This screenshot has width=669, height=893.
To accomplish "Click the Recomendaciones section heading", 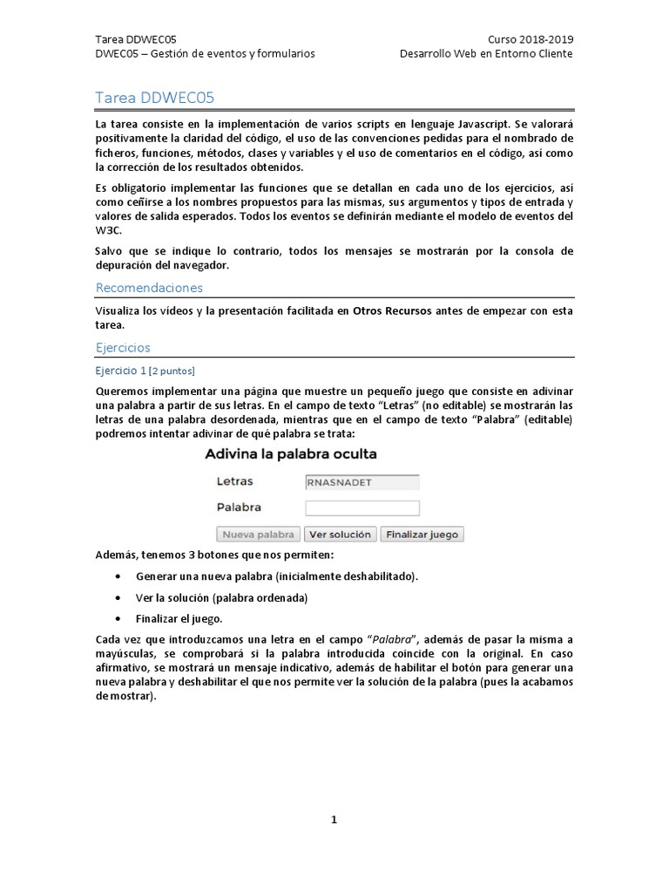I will click(149, 287).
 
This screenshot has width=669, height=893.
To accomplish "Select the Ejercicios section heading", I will click(123, 347).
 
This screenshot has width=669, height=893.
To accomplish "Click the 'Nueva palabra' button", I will click(258, 535).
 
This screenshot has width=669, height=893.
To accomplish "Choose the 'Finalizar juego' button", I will click(422, 535).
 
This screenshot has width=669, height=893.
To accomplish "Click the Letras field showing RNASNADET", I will click(362, 481).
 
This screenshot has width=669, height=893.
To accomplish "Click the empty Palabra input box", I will click(362, 508).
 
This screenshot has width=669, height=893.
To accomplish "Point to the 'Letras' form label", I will click(234, 481).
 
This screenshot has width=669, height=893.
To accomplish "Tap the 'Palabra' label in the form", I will click(239, 507).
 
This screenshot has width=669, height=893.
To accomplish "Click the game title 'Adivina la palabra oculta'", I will click(291, 454).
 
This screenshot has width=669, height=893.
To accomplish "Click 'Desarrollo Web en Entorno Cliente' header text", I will click(486, 54).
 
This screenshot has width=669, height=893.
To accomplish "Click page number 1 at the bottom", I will click(334, 820).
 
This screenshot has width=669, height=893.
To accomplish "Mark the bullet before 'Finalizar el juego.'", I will click(118, 619).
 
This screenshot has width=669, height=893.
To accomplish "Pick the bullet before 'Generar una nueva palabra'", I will click(118, 577).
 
